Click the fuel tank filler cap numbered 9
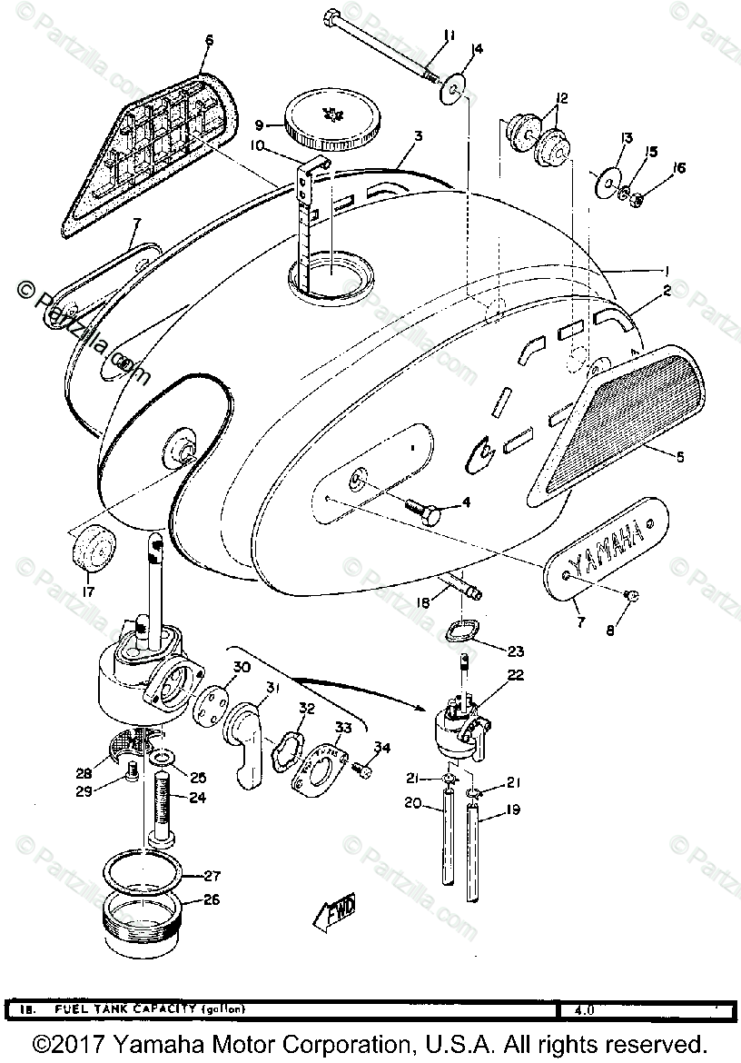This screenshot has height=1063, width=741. (x=323, y=123)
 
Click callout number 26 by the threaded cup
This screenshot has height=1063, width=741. (x=211, y=902)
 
